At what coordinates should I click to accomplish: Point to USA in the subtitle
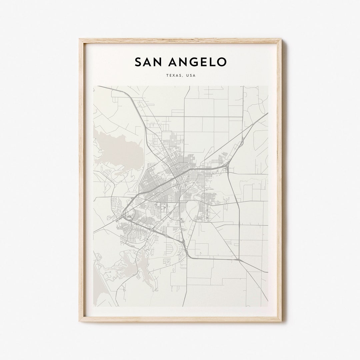pos(191,76)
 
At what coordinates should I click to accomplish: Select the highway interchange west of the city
pos(124,216)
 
